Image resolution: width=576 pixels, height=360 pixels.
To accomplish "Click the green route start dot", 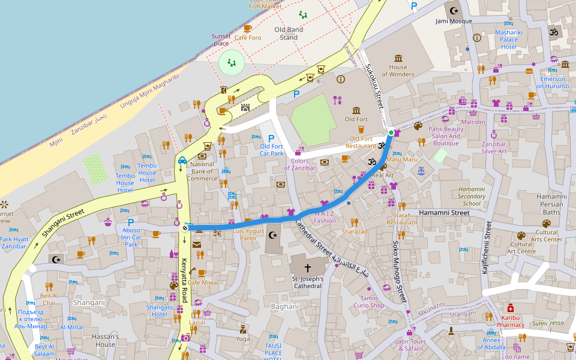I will pyautogui.click(x=391, y=132).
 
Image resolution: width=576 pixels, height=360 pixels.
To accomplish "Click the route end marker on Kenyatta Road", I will pyautogui.click(x=185, y=227).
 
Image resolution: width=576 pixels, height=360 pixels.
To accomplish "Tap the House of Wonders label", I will pyautogui.click(x=398, y=71).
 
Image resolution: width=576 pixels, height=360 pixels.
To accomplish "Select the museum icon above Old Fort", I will pyautogui.click(x=357, y=110).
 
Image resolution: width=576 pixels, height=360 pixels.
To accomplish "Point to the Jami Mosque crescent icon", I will pyautogui.click(x=454, y=10).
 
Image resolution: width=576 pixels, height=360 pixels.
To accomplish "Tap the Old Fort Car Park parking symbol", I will pyautogui.click(x=271, y=139).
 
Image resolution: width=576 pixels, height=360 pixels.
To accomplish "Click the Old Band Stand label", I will pyautogui.click(x=289, y=33).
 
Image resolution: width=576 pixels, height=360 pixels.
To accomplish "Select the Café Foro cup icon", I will pyautogui.click(x=247, y=28).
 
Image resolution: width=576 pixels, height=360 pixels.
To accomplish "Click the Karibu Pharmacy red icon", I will pyautogui.click(x=510, y=308).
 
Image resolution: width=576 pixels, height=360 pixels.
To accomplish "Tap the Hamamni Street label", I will pyautogui.click(x=444, y=213).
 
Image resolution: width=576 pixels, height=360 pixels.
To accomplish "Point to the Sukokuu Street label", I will pyautogui.click(x=374, y=87).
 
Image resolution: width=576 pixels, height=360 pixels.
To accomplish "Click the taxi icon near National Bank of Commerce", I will pyautogui.click(x=181, y=160).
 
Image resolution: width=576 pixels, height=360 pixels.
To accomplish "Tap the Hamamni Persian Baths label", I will pyautogui.click(x=551, y=204).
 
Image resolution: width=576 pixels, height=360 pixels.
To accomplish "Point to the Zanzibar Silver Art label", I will pyautogui.click(x=494, y=148).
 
